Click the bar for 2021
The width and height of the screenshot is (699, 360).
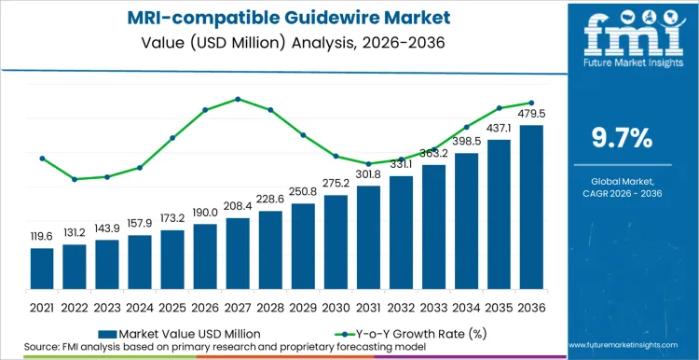pyautogui.click(x=42, y=268)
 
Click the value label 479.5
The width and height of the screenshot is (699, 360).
pyautogui.click(x=531, y=115)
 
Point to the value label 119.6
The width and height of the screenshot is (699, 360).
pyautogui.click(x=42, y=237)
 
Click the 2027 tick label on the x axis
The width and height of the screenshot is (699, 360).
pyautogui.click(x=238, y=306)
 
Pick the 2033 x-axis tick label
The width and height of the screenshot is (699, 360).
pyautogui.click(x=433, y=306)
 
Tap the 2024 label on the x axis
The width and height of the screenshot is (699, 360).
pyautogui.click(x=140, y=306)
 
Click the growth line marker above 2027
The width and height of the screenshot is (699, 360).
pyautogui.click(x=238, y=99)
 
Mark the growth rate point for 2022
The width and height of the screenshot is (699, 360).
pyautogui.click(x=75, y=179)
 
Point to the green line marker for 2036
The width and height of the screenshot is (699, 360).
pyautogui.click(x=531, y=103)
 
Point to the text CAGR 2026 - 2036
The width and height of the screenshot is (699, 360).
pyautogui.click(x=623, y=194)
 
